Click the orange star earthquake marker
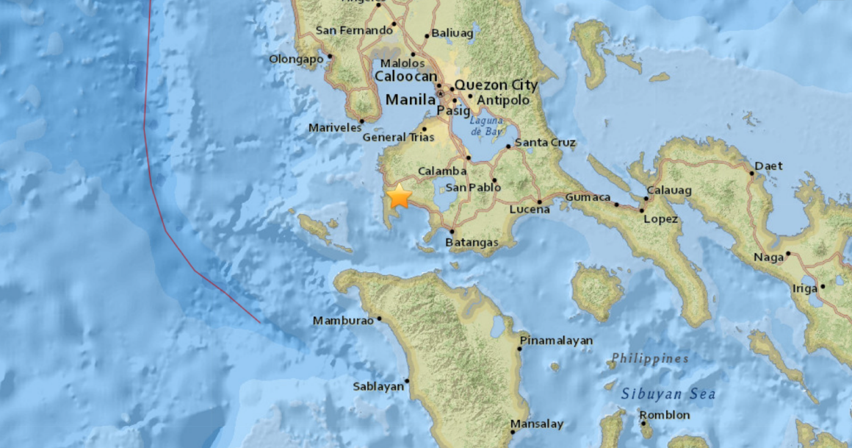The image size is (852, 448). coord(399,197)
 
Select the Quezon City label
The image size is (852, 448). coord(496,85)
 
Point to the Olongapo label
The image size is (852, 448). coord(297,59)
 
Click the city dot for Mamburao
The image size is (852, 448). coord(380,319)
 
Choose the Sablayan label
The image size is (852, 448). coord(378,385)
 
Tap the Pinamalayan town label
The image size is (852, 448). coord(556,341)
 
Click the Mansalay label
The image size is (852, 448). coord(536,424)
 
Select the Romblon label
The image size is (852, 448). coord(665,415)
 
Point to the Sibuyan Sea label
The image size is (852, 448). coord(668,394)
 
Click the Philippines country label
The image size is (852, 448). coord(650,359)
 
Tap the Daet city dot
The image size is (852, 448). coord(752,174)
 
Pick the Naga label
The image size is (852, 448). coord(768,257)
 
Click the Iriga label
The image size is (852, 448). coord(805,288)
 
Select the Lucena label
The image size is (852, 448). coord(529,210)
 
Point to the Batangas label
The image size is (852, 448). coord(472,242)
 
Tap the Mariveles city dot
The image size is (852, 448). coord(362,121)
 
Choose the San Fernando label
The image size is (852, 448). coord(354,30)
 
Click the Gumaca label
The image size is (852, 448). coord(588,197)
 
